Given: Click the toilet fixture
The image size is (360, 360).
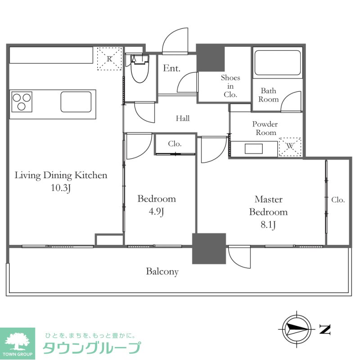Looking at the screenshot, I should click(x=139, y=70).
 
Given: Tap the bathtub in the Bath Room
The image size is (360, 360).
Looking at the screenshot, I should click(x=277, y=63).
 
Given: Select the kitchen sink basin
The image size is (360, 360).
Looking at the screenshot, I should click(x=76, y=101).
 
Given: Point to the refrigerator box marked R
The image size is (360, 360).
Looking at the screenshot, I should click(x=110, y=58).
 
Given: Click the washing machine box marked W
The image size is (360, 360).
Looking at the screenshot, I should click(x=290, y=146).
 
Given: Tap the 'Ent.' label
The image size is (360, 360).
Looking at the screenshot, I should click(x=171, y=69).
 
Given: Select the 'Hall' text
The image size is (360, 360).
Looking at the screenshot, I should click(x=183, y=119).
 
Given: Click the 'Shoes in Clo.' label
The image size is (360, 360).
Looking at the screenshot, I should click(x=230, y=86).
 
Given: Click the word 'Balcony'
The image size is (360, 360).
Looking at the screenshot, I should click(x=162, y=272).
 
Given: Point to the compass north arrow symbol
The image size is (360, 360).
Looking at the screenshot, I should click(x=296, y=329).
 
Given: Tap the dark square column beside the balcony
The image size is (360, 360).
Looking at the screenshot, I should click(x=209, y=248).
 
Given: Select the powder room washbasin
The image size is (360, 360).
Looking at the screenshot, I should click(x=255, y=149).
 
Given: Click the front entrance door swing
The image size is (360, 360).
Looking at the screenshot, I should click(x=175, y=41).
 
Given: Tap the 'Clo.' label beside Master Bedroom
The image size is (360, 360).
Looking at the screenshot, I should click(x=338, y=200).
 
